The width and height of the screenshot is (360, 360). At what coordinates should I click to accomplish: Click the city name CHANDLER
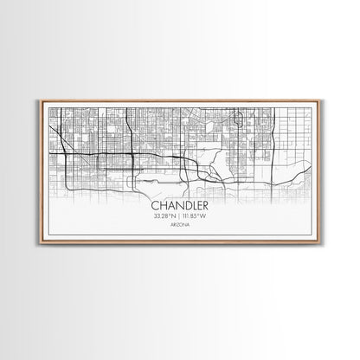click(x=179, y=206)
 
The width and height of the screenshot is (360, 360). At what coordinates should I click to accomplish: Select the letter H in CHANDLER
click(x=163, y=206)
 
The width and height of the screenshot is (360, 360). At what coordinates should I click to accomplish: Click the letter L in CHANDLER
click(x=191, y=206)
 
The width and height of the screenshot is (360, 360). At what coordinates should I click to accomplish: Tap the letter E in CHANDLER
click(x=197, y=206)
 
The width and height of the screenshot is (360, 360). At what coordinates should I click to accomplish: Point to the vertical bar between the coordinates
click(x=179, y=216)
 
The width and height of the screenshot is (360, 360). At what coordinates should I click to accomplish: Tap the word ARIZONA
click(x=179, y=225)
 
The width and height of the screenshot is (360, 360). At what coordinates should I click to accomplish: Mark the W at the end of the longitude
click(x=205, y=216)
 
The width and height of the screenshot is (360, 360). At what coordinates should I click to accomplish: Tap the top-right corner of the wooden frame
click(x=319, y=100)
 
